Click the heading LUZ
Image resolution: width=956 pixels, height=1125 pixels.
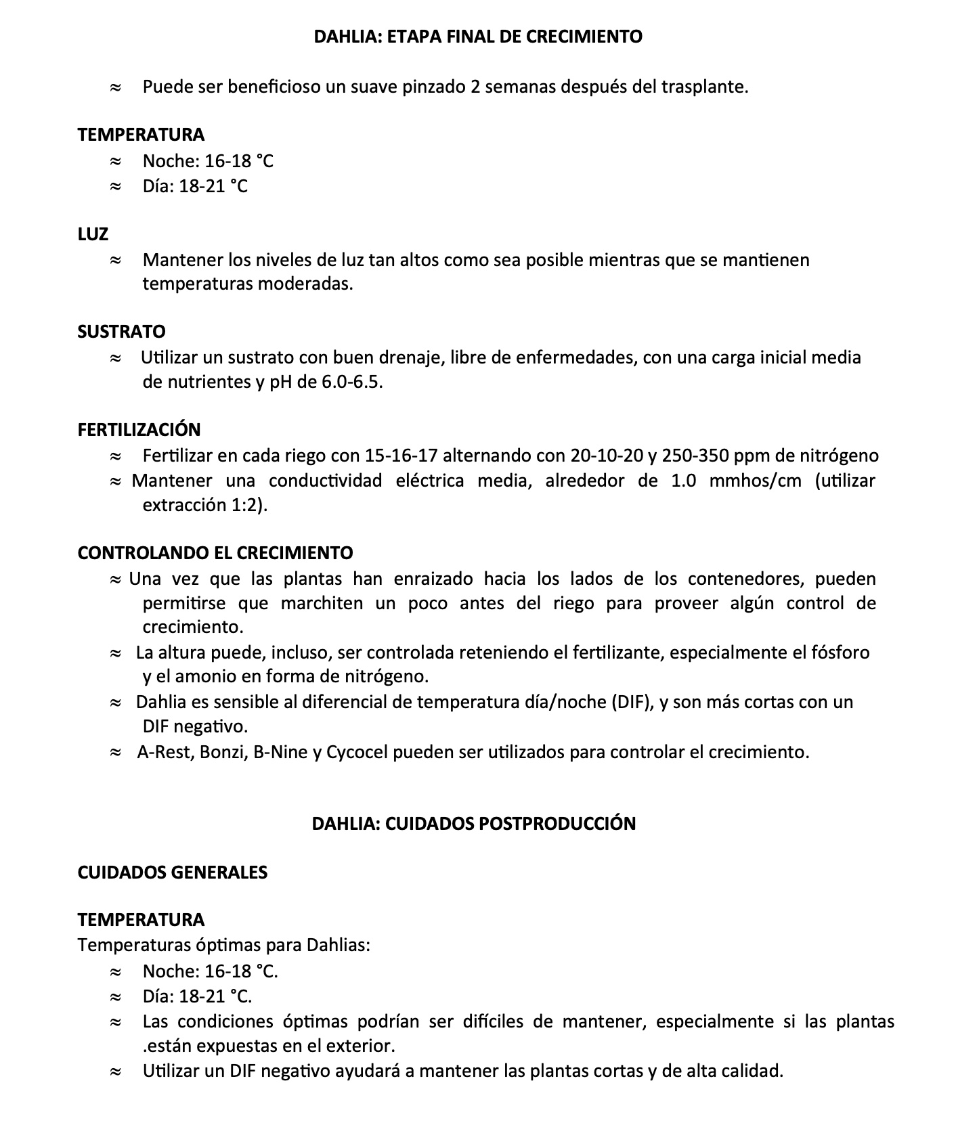click(x=93, y=234)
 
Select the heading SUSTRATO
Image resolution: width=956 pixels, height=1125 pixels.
click(x=121, y=332)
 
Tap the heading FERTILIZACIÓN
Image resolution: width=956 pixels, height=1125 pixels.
click(x=139, y=430)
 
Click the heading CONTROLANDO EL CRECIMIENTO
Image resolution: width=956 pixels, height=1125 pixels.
click(x=215, y=553)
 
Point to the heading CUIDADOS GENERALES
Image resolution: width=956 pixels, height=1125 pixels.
click(x=173, y=872)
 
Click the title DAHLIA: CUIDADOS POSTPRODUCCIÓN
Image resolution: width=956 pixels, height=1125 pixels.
click(x=474, y=824)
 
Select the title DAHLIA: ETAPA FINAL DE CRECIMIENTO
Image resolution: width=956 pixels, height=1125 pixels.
click(x=478, y=37)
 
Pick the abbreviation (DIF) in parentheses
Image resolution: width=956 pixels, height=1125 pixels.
click(x=632, y=702)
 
